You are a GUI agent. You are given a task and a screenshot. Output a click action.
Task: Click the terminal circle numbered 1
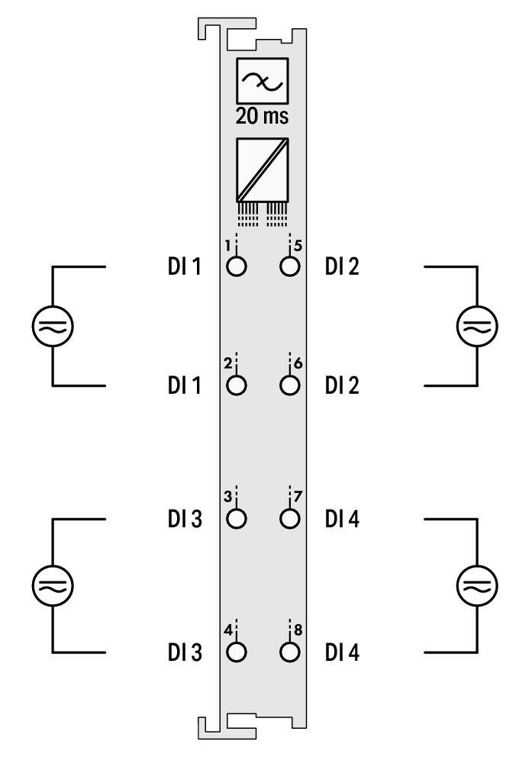click(x=237, y=266)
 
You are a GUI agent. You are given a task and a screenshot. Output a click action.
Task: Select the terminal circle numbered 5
click(x=289, y=266)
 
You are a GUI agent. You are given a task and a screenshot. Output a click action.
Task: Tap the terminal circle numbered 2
click(x=237, y=385)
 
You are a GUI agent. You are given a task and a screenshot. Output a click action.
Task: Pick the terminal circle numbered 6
click(x=289, y=385)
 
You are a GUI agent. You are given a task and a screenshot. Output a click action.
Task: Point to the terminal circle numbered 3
click(x=237, y=519)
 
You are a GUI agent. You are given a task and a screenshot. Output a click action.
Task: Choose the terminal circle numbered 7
click(x=289, y=519)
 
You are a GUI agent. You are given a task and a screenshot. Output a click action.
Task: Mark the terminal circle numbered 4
click(x=237, y=652)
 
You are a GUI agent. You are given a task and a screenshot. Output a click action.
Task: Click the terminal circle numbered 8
click(x=289, y=652)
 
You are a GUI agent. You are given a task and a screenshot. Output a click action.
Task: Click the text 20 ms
click(x=262, y=116)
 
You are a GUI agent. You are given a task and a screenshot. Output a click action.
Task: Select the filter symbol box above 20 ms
click(x=262, y=81)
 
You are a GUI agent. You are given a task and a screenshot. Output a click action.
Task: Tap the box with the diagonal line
click(x=262, y=170)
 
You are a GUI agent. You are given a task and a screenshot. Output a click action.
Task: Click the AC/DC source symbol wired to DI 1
click(x=53, y=326)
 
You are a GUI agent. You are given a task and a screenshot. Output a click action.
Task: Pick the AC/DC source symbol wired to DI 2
click(x=477, y=326)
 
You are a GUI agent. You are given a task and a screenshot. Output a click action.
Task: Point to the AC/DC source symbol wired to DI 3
click(x=53, y=585)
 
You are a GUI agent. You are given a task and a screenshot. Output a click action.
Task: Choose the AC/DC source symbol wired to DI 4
click(x=477, y=585)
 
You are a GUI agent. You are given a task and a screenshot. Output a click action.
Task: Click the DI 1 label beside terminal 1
click(x=185, y=266)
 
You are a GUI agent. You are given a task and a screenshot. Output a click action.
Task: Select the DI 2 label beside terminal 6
click(x=342, y=385)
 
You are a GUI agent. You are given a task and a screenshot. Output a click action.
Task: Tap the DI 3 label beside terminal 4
click(x=185, y=652)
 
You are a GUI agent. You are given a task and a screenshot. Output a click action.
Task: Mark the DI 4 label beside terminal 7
click(x=342, y=519)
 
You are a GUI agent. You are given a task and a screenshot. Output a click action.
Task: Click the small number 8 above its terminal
click(x=298, y=630)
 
